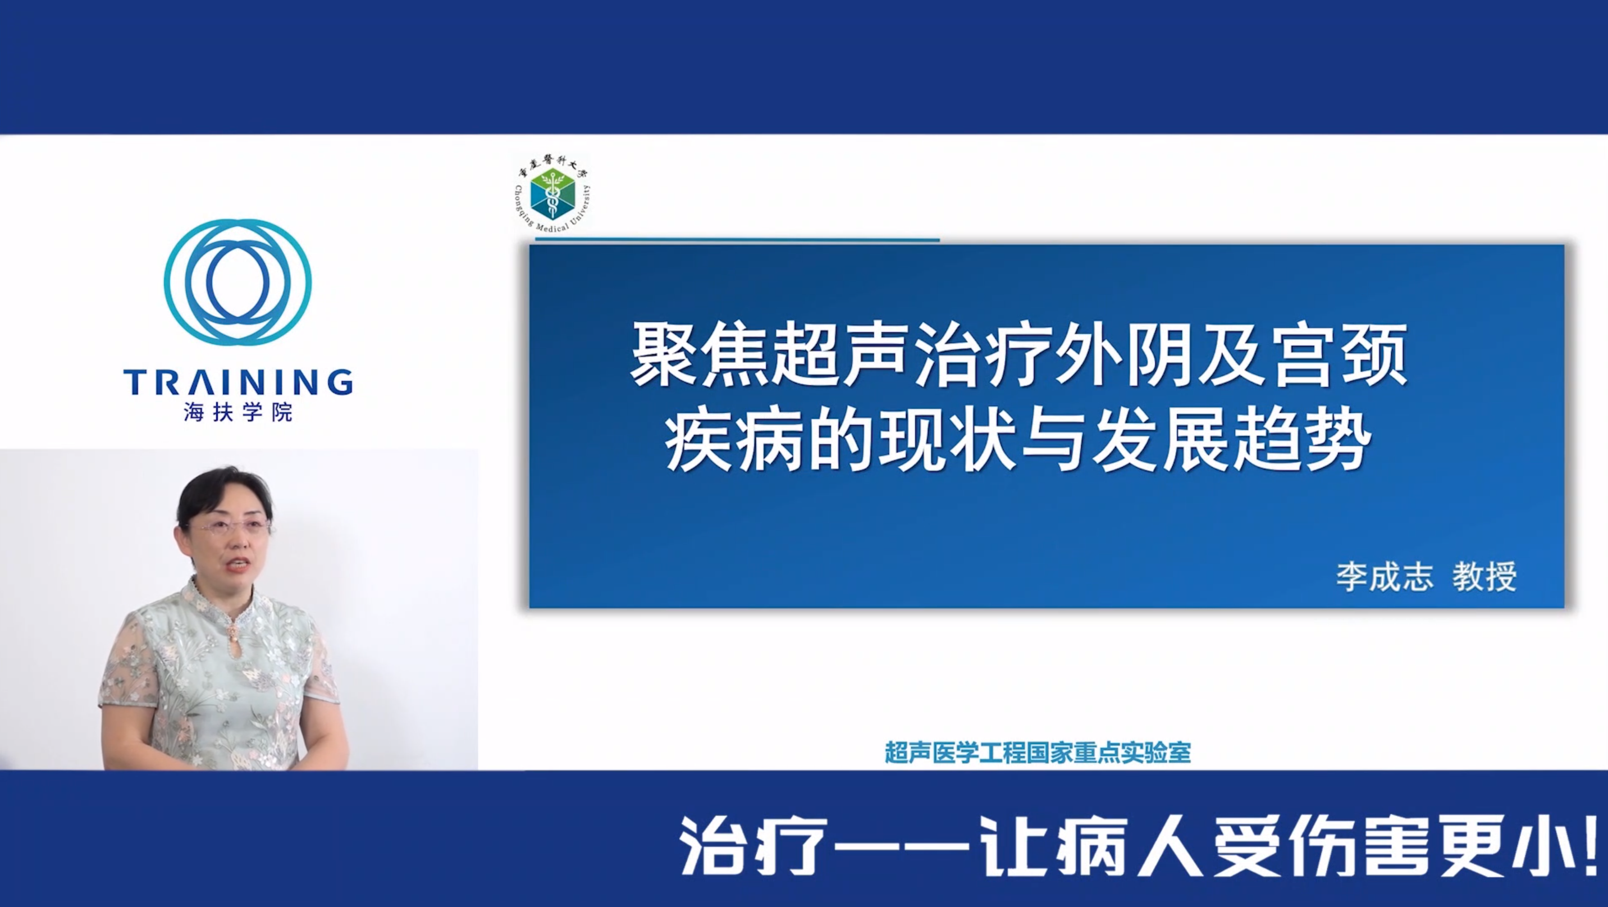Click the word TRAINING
click(238, 382)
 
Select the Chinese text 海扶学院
click(238, 413)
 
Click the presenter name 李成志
click(1384, 577)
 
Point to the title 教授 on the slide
click(1484, 577)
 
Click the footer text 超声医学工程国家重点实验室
click(1038, 752)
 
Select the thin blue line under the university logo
click(737, 239)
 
